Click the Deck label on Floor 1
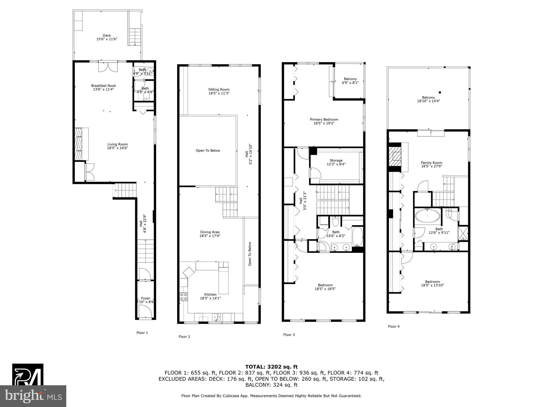click(x=107, y=36)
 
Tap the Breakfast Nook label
click(x=103, y=86)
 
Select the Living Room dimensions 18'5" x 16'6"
click(x=117, y=148)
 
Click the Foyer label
click(x=145, y=298)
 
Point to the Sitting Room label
click(x=219, y=90)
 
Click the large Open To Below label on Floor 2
click(x=208, y=151)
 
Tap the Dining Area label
click(x=210, y=232)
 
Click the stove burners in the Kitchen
click(x=183, y=297)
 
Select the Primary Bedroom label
click(x=324, y=120)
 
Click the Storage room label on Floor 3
click(x=336, y=160)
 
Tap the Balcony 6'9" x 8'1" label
click(x=350, y=79)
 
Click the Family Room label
click(x=431, y=163)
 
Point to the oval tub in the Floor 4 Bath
click(x=427, y=216)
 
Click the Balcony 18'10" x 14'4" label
click(x=428, y=98)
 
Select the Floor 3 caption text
click(x=289, y=335)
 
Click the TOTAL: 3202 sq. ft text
click(x=271, y=367)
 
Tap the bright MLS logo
click(x=33, y=396)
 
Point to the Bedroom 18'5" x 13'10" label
click(x=432, y=282)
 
